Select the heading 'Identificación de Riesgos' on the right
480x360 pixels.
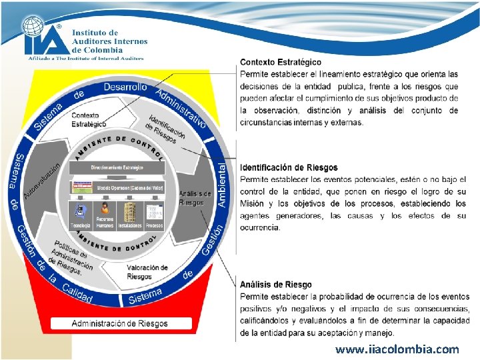pos(289,167)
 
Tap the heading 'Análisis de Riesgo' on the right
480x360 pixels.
pos(275,285)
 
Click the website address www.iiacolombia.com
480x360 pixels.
pos(397,349)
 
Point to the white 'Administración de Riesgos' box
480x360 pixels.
pos(120,323)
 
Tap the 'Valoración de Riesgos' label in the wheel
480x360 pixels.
pos(147,272)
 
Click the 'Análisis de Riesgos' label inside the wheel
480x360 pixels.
pos(195,198)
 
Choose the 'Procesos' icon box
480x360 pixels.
pos(153,215)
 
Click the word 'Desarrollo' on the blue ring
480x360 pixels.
pos(125,87)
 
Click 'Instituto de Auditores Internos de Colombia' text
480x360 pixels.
pos(107,41)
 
